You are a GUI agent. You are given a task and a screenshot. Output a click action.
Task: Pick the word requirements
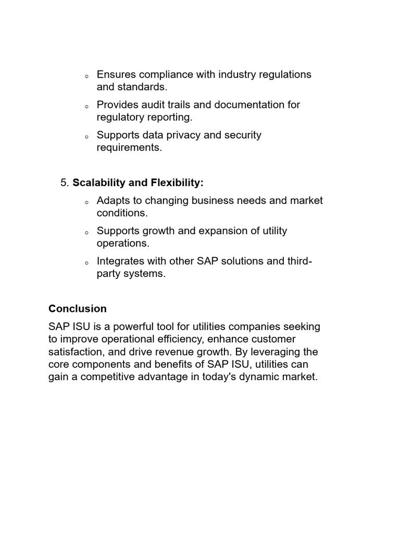129,148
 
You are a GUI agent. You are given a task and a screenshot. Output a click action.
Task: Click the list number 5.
64,183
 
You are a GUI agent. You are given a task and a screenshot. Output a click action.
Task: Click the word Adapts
112,201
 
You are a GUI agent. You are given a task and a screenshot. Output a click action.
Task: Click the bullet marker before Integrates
86,263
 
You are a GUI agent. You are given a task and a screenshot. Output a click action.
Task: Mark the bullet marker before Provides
86,107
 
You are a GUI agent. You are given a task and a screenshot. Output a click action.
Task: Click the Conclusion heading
77,309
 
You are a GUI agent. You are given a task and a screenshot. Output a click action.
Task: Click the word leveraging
287,352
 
